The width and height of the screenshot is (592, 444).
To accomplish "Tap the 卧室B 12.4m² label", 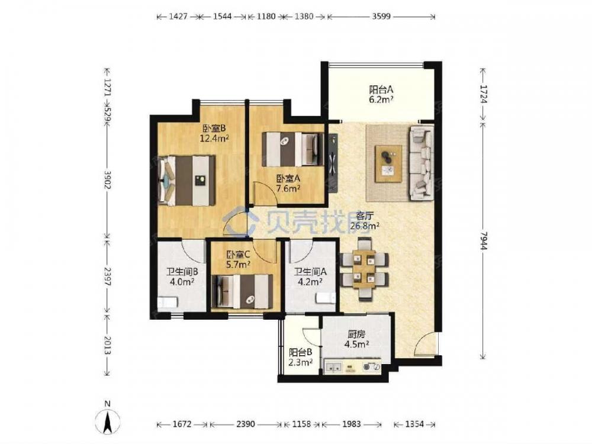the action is (x=214, y=133).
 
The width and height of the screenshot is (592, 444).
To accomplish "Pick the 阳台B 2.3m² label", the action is (x=300, y=357).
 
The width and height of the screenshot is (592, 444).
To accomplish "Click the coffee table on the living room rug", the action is (x=388, y=164).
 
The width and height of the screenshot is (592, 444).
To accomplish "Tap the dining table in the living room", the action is (x=365, y=269).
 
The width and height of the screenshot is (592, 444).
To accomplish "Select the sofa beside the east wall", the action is (x=422, y=162).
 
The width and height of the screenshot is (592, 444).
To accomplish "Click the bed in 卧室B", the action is (x=187, y=181).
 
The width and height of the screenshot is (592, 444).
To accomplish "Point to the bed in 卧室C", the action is (x=243, y=291).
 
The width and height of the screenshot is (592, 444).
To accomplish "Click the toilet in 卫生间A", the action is (x=326, y=298).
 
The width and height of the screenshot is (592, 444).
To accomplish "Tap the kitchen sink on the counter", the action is (x=333, y=366).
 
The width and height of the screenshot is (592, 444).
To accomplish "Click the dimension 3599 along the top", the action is (x=381, y=16).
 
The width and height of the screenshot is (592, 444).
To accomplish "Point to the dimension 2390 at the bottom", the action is (x=246, y=424).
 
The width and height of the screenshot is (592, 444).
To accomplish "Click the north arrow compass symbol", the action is (x=108, y=419).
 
